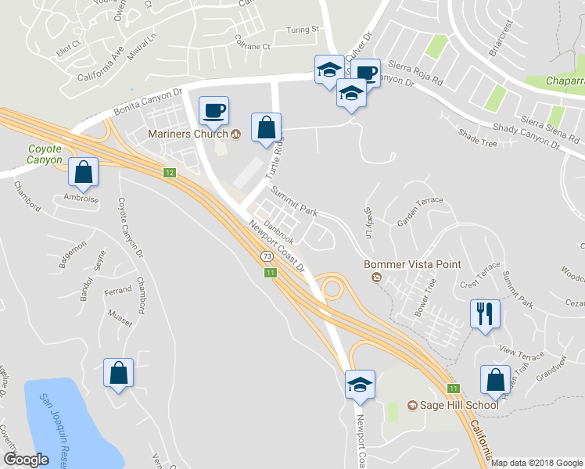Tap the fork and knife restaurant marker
(485, 314)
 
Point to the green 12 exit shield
(169, 172)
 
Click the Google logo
(27, 460)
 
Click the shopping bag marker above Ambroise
(83, 172)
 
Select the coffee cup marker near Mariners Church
(214, 110)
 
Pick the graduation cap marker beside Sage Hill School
(360, 385)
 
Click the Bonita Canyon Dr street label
(148, 102)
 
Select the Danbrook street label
(278, 231)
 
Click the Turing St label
(303, 30)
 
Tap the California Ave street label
(101, 66)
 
